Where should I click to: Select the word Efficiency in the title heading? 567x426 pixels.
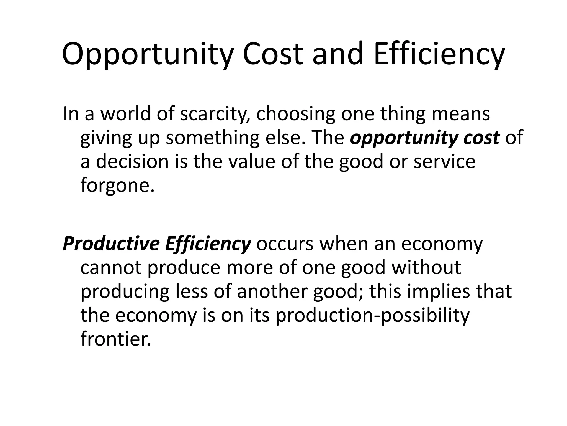(439, 54)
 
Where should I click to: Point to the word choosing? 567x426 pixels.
(296, 114)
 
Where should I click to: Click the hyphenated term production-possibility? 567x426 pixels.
(373, 315)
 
